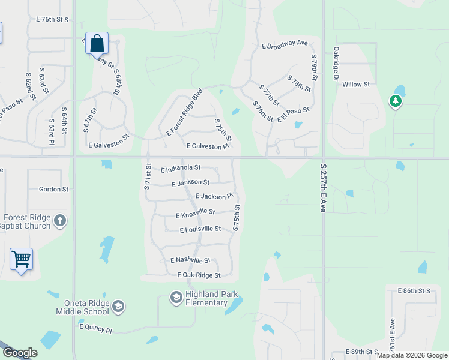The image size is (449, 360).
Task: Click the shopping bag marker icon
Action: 97,43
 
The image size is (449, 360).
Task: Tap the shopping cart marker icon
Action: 21,259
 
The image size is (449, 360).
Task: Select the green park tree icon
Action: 395,101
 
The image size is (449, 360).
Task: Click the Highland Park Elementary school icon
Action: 176,298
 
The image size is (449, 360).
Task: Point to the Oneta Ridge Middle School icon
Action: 118,307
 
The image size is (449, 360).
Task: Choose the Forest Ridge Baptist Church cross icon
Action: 59,221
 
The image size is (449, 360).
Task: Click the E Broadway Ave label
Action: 284,44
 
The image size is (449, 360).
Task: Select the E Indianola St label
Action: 181,169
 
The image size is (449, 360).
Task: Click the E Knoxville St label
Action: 195,213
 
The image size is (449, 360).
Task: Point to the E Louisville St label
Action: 200,229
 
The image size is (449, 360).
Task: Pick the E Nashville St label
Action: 190,260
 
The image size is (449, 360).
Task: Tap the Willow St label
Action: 356,85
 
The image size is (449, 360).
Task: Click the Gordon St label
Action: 53,189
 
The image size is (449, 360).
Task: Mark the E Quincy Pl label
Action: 95,329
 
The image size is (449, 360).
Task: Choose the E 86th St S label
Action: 414,290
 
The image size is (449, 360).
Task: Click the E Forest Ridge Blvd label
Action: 185,112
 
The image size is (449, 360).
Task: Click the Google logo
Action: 20,353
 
